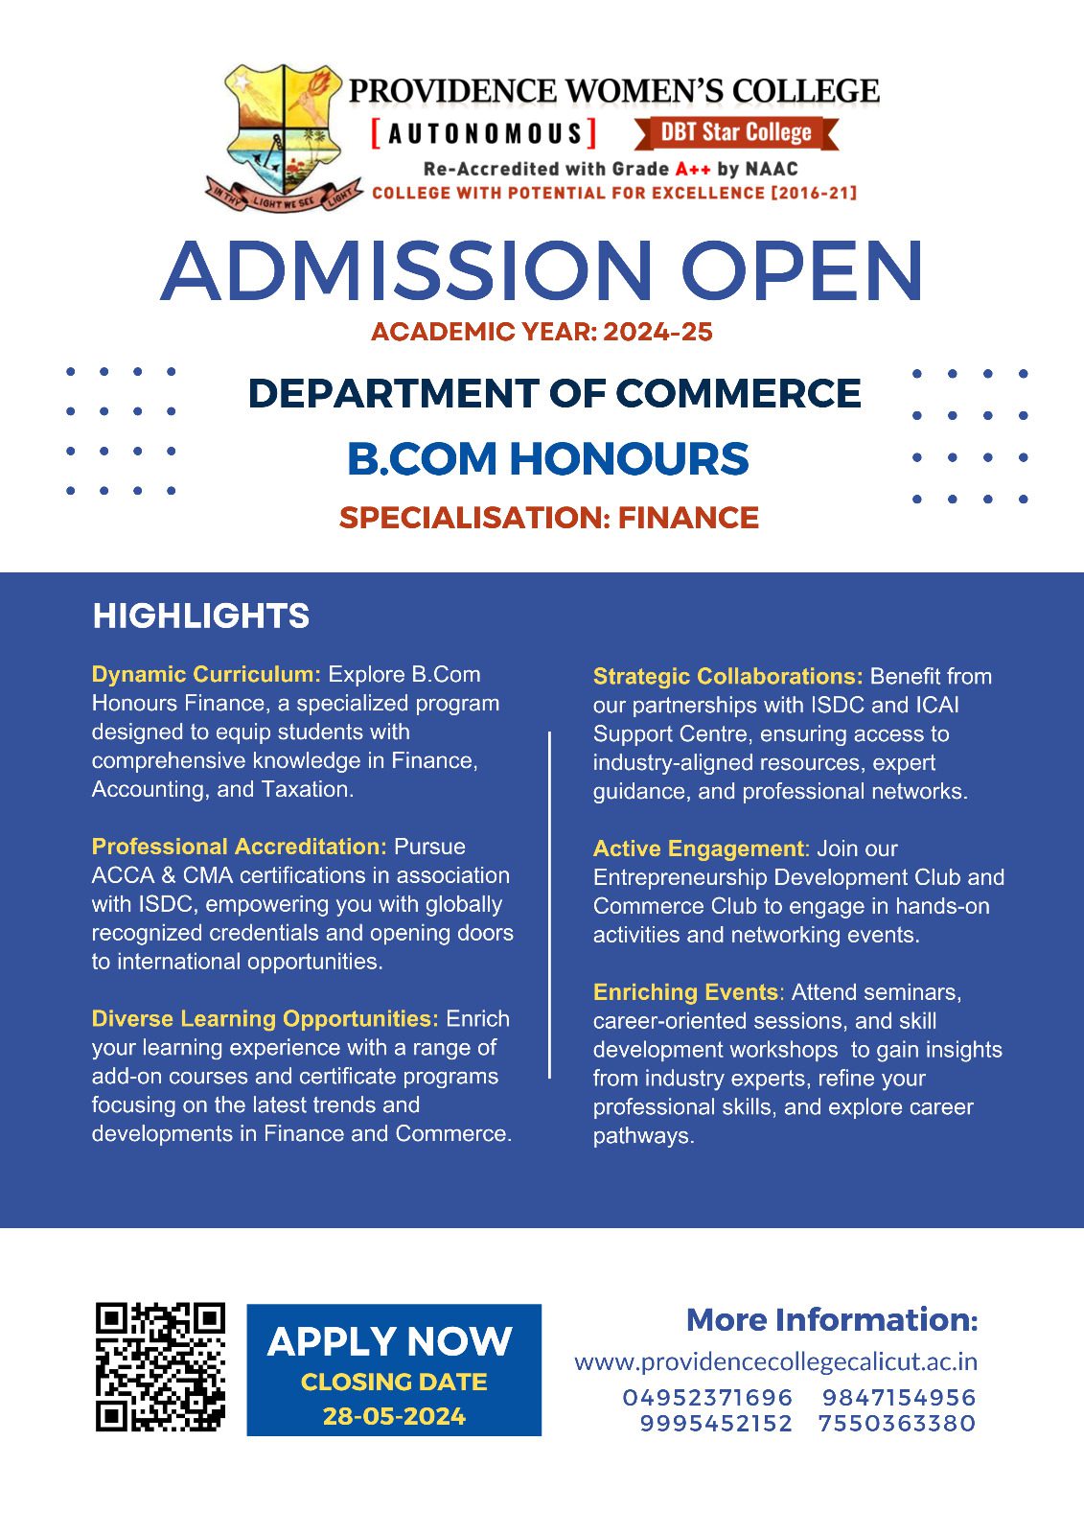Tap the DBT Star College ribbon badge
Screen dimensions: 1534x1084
(x=736, y=132)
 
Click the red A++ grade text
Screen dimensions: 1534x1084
(x=692, y=169)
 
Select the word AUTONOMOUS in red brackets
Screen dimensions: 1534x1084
(x=485, y=133)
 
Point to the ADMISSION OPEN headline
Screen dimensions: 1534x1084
(x=542, y=271)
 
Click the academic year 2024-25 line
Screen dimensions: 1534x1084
(x=542, y=333)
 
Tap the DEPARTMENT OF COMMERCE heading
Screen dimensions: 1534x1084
(x=554, y=394)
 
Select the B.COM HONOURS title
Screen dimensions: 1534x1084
(x=547, y=459)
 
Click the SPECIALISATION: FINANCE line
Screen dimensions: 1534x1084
(x=548, y=518)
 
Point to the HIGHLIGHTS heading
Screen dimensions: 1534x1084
(x=200, y=616)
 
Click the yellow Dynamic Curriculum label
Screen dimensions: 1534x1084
(x=206, y=674)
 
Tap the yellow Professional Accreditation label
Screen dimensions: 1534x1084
(x=239, y=847)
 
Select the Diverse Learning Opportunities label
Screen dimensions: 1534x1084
(x=265, y=1018)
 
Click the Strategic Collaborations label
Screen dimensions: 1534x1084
(x=727, y=676)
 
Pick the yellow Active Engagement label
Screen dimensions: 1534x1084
(x=699, y=848)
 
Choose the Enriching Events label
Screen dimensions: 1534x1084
(x=685, y=992)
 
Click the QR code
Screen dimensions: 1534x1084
(x=160, y=1367)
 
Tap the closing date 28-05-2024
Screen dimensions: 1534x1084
(x=394, y=1416)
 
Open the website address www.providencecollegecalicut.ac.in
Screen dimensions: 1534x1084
(x=775, y=1361)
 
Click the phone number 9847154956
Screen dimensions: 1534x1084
(x=898, y=1397)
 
